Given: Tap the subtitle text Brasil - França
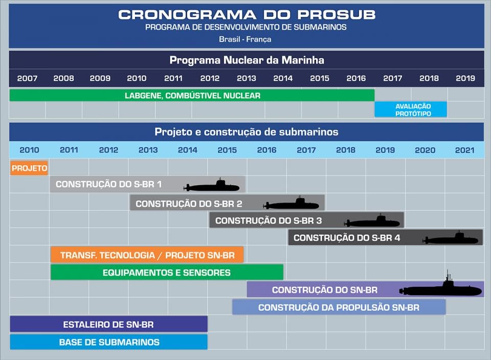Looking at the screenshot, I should click(245, 39).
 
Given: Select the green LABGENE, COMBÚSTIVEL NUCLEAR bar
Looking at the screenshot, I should click(192, 96).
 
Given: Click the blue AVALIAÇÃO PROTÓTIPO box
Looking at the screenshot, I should click(411, 109).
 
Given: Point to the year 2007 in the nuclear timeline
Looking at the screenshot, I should click(27, 78).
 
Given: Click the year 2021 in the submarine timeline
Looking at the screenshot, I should click(464, 150).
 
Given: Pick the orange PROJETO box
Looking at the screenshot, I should click(29, 168).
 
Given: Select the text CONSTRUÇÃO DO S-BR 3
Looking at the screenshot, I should click(269, 221).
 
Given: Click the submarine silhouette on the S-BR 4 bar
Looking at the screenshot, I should click(451, 238).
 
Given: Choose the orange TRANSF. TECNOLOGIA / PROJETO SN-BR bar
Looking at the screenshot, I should click(147, 255).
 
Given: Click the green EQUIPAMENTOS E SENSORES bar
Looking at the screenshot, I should click(167, 273).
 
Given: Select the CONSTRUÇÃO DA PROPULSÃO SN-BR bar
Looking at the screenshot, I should click(339, 307).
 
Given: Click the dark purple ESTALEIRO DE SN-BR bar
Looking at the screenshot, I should click(108, 324).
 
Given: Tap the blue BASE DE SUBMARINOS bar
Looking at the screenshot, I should click(109, 342).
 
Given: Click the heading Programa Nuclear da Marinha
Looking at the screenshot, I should click(247, 60).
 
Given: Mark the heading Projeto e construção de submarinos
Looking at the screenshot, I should click(247, 132).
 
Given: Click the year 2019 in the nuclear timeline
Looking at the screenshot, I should click(465, 78).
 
